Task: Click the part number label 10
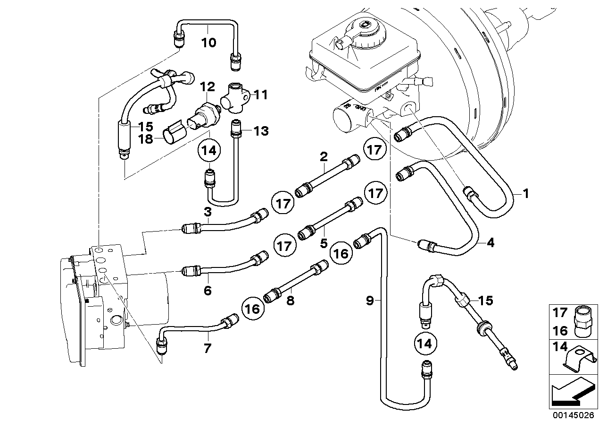point(208,43)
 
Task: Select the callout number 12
point(207,86)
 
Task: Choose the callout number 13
point(261,131)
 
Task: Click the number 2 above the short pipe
point(324,156)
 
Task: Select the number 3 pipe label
point(208,213)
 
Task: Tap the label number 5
point(324,244)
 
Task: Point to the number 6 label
point(208,291)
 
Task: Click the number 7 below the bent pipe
point(208,349)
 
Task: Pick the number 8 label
point(290,300)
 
